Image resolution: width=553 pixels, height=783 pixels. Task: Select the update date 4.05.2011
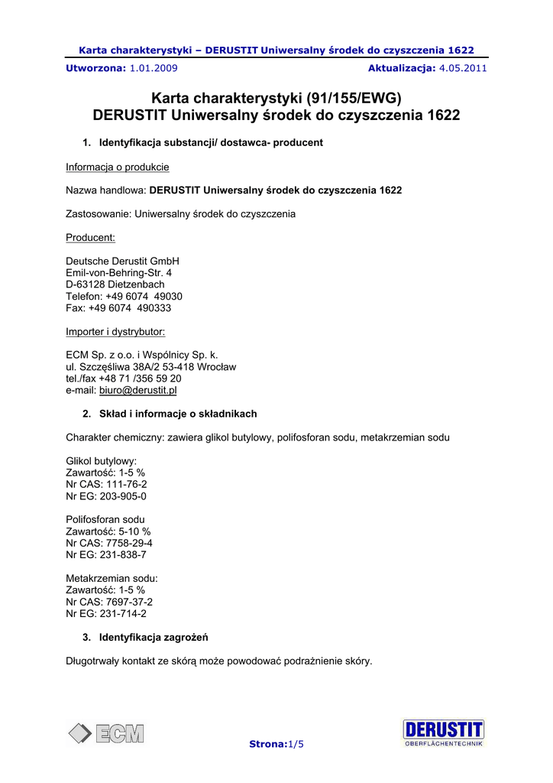coord(464,68)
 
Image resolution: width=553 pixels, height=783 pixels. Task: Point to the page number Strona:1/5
coord(276,744)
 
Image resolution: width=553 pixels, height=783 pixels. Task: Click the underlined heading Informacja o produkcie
coord(118,167)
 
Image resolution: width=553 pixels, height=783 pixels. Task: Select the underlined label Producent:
coord(91,238)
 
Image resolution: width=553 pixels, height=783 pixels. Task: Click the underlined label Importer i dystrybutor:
coord(115,331)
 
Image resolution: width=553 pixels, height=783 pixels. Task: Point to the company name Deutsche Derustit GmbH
coord(123,262)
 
